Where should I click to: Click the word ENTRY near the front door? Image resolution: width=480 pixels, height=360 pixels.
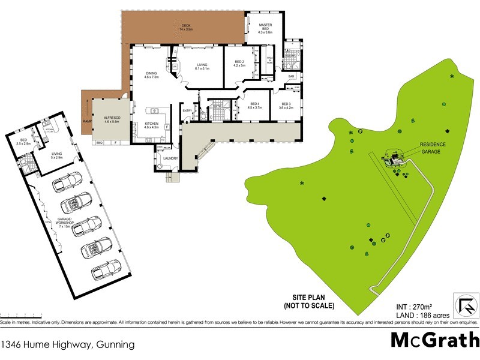click(x=187, y=110)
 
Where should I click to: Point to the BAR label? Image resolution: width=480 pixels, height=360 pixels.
click(x=291, y=77)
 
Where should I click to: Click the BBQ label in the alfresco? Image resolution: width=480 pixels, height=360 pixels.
click(x=100, y=143)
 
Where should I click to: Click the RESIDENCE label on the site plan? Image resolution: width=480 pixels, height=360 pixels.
click(x=433, y=145)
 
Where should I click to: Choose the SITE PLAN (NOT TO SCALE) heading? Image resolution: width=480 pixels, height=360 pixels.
click(x=308, y=302)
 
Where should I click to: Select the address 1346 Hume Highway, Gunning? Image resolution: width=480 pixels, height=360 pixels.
click(x=67, y=344)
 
